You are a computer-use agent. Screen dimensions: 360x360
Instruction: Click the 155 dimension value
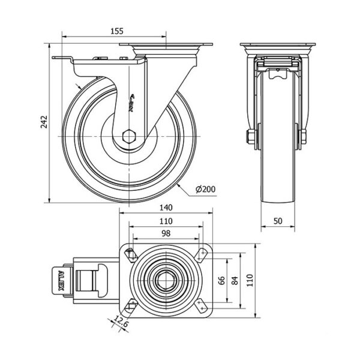click(117, 31)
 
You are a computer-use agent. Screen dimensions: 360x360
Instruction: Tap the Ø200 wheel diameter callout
click(205, 189)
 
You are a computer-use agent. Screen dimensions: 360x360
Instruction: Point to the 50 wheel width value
click(278, 221)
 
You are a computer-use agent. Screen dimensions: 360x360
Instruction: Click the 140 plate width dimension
click(166, 208)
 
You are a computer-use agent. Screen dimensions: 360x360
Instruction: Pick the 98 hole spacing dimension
click(166, 233)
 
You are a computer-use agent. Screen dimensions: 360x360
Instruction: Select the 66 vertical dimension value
click(221, 281)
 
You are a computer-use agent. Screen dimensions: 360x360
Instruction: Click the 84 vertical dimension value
click(235, 281)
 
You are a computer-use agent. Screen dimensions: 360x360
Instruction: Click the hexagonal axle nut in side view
click(129, 137)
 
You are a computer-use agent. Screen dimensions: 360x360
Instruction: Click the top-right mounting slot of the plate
click(201, 254)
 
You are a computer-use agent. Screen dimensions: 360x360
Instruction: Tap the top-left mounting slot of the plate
click(131, 254)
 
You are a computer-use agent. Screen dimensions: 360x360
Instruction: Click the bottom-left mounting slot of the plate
click(131, 306)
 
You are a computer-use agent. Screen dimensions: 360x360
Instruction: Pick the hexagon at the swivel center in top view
click(166, 281)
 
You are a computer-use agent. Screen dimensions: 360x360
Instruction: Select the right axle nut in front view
click(303, 137)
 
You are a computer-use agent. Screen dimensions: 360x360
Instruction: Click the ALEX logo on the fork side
click(132, 103)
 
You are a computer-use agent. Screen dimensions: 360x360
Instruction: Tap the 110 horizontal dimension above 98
click(166, 221)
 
